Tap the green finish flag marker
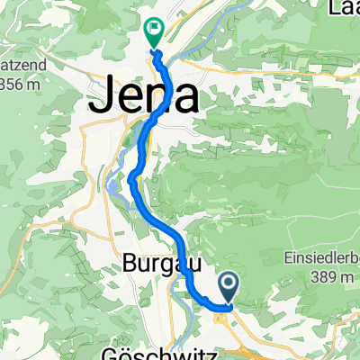click(153, 33)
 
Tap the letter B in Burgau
click(126, 266)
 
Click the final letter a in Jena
click(184, 96)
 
